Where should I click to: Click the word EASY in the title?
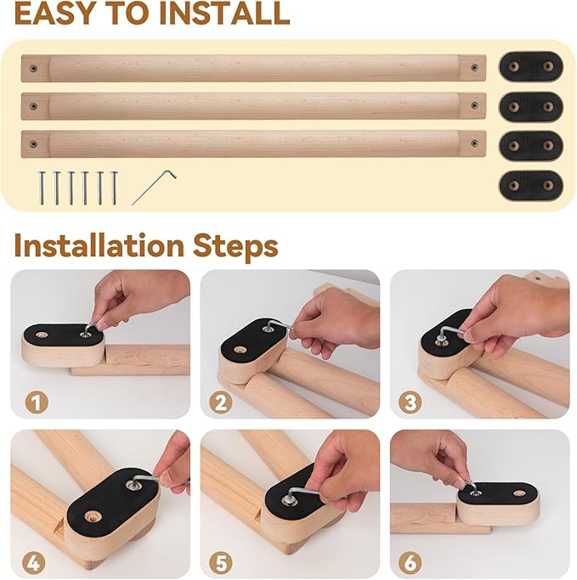click(x=59, y=14)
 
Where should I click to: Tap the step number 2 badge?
click(x=222, y=402)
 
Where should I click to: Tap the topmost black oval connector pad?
click(x=530, y=66)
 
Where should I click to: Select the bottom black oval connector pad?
click(x=530, y=184)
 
